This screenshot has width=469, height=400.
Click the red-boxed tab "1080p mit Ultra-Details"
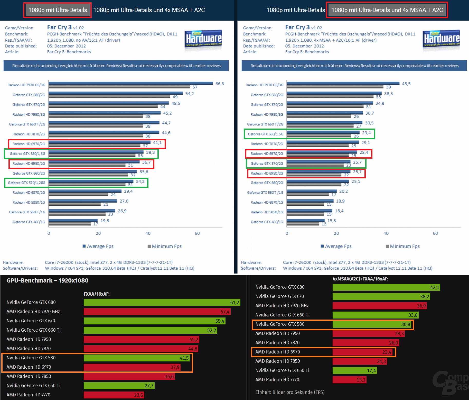click(x=58, y=10)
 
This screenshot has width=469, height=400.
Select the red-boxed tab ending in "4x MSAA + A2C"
click(x=387, y=10)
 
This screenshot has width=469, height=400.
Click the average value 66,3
click(x=220, y=84)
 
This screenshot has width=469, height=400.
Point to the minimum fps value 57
click(x=195, y=87)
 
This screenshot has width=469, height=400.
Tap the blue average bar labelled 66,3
click(x=131, y=83)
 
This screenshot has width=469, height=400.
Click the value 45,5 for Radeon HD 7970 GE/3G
click(x=406, y=84)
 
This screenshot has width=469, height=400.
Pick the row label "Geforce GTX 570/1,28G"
click(x=26, y=183)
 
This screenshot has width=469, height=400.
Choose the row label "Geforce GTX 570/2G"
click(x=267, y=163)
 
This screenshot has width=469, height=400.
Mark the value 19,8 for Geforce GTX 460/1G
click(x=105, y=221)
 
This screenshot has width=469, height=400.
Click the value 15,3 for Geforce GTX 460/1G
click(x=332, y=221)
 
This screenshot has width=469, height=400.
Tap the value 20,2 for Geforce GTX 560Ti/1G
click(x=343, y=191)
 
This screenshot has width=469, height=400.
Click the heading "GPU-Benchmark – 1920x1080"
click(x=48, y=280)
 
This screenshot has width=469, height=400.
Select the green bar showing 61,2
click(x=162, y=302)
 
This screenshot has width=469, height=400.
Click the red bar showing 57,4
click(x=157, y=312)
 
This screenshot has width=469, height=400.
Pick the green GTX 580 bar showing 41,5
click(x=137, y=358)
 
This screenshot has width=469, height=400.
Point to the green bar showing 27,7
click(x=119, y=386)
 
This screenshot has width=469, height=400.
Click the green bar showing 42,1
click(x=386, y=287)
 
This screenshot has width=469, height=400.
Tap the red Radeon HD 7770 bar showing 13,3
click(x=349, y=380)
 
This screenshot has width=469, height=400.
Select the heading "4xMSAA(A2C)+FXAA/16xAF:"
click(x=360, y=279)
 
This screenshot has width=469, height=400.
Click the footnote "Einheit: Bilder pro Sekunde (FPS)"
click(x=290, y=392)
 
